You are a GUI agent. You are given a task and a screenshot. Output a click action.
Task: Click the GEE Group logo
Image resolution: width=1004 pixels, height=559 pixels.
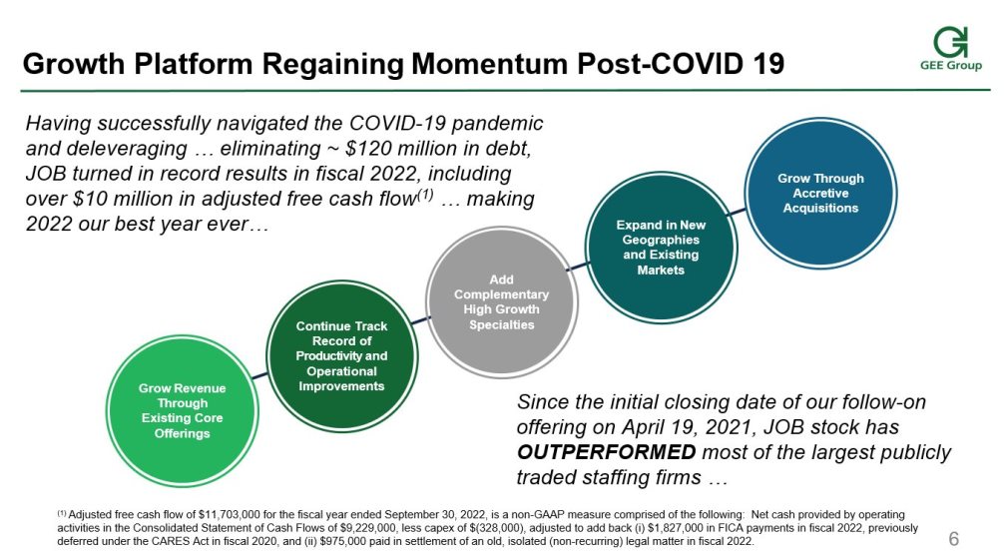pyautogui.click(x=951, y=49)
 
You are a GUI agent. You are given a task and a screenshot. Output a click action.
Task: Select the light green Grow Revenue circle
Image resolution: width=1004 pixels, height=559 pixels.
pyautogui.click(x=183, y=410)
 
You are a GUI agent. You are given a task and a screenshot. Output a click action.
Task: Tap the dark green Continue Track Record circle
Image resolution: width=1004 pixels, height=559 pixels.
pyautogui.click(x=342, y=356)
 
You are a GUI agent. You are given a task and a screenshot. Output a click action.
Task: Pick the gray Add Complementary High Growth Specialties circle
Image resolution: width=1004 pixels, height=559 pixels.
pyautogui.click(x=502, y=302)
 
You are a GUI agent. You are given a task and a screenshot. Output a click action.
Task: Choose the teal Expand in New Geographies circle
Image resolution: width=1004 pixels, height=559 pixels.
pyautogui.click(x=662, y=248)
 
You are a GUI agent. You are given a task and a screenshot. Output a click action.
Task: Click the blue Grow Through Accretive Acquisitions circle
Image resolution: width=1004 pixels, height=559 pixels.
pyautogui.click(x=821, y=193)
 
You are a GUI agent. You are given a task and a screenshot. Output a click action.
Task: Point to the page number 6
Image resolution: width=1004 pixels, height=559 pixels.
pyautogui.click(x=954, y=538)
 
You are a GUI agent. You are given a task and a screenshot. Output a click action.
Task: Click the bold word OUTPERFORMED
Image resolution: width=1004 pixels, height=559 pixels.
pyautogui.click(x=607, y=452)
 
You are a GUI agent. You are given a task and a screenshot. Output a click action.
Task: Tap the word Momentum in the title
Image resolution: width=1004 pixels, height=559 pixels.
pyautogui.click(x=490, y=64)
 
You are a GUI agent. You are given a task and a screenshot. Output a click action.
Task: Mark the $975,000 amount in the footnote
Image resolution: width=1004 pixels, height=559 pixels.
pyautogui.click(x=342, y=542)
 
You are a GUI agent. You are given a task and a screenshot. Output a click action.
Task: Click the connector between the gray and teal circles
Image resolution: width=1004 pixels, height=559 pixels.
pyautogui.click(x=578, y=266)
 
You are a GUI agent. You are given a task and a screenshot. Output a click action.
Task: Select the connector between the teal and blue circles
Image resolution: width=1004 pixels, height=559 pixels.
pyautogui.click(x=737, y=212)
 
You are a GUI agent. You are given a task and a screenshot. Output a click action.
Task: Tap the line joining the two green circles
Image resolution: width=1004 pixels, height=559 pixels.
pyautogui.click(x=260, y=374)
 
